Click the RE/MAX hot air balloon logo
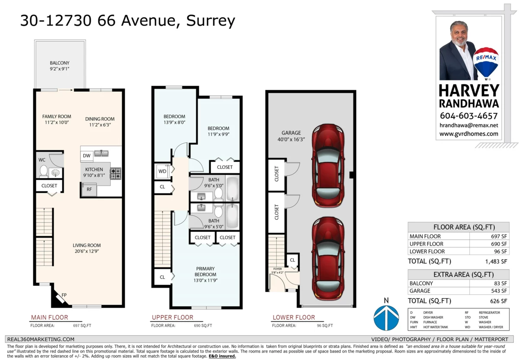tap(486, 63)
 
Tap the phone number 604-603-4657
tap(469, 116)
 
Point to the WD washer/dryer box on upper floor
tap(162, 171)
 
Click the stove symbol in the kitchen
tap(115, 174)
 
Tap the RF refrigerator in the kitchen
tap(89, 190)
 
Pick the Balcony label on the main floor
tap(59, 63)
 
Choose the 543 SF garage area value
tap(500, 291)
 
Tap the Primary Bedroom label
tap(205, 272)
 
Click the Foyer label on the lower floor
tap(277, 269)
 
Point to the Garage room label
tap(291, 133)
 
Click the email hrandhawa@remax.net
tap(469, 125)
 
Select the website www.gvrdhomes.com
tap(469, 134)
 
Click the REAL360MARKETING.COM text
tap(41, 340)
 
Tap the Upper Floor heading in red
tap(172, 318)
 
